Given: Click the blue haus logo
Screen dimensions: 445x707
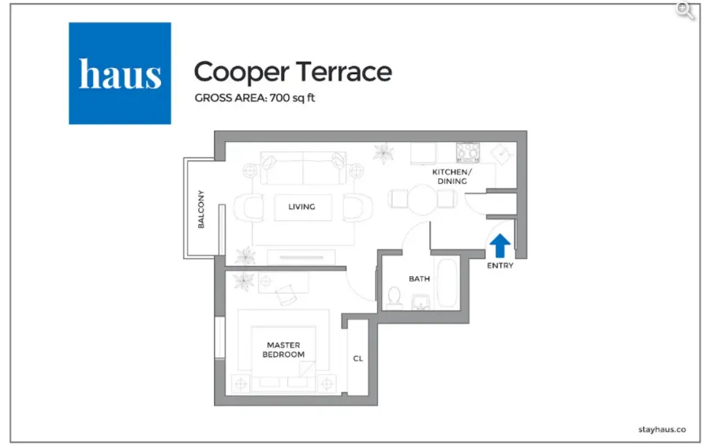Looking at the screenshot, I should tap(120, 73).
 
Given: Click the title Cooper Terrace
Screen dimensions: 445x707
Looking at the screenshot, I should tap(293, 72).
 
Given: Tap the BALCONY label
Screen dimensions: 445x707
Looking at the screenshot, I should tap(201, 210).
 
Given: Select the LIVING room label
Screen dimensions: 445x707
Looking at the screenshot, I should tap(301, 207).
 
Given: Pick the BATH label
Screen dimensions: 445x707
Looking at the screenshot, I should tap(419, 279).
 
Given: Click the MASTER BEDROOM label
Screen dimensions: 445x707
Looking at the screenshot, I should tap(283, 350).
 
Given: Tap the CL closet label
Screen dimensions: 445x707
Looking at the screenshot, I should tap(357, 359).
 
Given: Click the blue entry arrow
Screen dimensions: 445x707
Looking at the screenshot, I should tap(500, 245).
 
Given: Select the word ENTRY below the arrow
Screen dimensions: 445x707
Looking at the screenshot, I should tap(500, 266).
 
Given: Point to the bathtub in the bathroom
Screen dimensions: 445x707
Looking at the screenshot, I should tap(447, 283).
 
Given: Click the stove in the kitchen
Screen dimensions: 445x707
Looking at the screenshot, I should tap(468, 151).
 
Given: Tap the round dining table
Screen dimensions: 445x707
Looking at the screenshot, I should tap(423, 200).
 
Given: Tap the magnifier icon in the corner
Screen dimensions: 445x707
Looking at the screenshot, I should tap(686, 9).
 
